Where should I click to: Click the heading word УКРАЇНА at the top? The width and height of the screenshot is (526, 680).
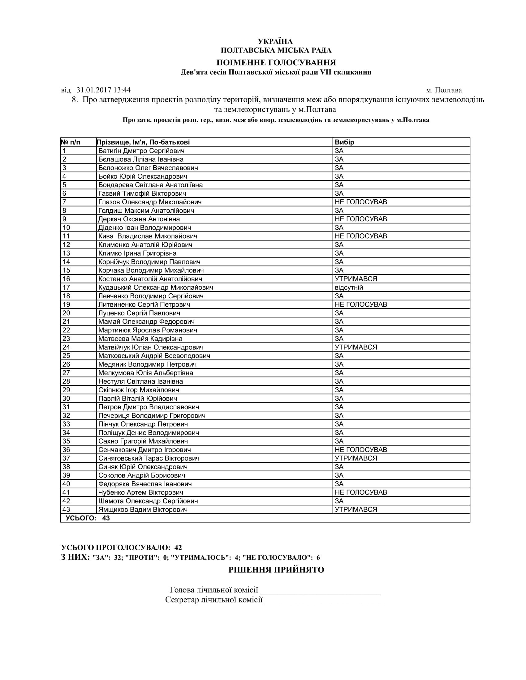(x=275, y=41)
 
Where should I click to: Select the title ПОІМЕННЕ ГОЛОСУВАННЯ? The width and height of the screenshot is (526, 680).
(x=276, y=62)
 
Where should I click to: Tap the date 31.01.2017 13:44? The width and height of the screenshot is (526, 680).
(x=103, y=90)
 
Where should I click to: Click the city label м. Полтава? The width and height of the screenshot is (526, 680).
(x=444, y=90)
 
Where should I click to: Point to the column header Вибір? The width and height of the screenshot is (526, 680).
(x=344, y=142)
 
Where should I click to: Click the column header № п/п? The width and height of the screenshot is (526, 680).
(x=71, y=142)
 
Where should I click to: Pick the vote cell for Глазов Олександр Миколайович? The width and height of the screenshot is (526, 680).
(x=361, y=202)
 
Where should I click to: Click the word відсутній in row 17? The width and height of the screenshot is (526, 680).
(x=349, y=288)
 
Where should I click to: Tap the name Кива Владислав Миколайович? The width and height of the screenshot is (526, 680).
(x=148, y=236)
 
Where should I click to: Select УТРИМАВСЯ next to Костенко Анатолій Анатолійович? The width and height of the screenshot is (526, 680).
(x=356, y=279)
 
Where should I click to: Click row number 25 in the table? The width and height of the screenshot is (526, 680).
(x=67, y=356)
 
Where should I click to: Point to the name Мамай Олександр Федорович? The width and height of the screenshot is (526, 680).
(x=146, y=322)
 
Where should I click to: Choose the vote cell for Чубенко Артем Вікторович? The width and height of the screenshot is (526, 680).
(x=361, y=493)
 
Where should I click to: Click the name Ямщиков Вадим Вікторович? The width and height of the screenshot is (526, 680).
(x=143, y=510)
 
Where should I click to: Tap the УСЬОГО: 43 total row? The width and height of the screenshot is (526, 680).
(x=88, y=518)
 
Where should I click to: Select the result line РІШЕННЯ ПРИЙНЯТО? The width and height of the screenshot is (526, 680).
(x=276, y=570)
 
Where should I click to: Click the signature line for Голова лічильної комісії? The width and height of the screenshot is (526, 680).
(x=320, y=590)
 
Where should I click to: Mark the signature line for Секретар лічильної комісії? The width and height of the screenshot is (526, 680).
(x=325, y=600)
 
